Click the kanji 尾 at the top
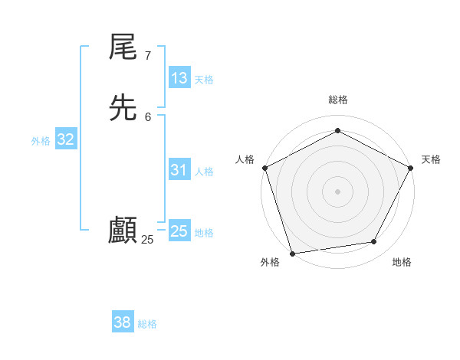pyautogui.click(x=123, y=48)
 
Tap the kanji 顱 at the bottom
pyautogui.click(x=123, y=231)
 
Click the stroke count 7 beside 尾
pyautogui.click(x=147, y=55)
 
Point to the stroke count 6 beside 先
pyautogui.click(x=148, y=116)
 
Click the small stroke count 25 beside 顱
pyautogui.click(x=148, y=240)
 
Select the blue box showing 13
pyautogui.click(x=179, y=78)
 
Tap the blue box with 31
pyautogui.click(x=179, y=170)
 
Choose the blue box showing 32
pyautogui.click(x=66, y=139)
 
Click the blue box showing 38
pyautogui.click(x=123, y=322)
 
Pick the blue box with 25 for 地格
pyautogui.click(x=179, y=231)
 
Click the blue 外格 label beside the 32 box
pyautogui.click(x=41, y=141)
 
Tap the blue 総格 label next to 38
pyautogui.click(x=147, y=324)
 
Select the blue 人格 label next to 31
pyautogui.click(x=205, y=172)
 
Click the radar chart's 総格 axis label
pyautogui.click(x=337, y=100)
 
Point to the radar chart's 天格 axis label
pyautogui.click(x=432, y=159)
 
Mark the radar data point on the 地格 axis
pyautogui.click(x=374, y=242)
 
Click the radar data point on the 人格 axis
pyautogui.click(x=264, y=168)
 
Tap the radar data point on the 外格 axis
pyautogui.click(x=292, y=253)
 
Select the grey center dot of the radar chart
pyautogui.click(x=337, y=191)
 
